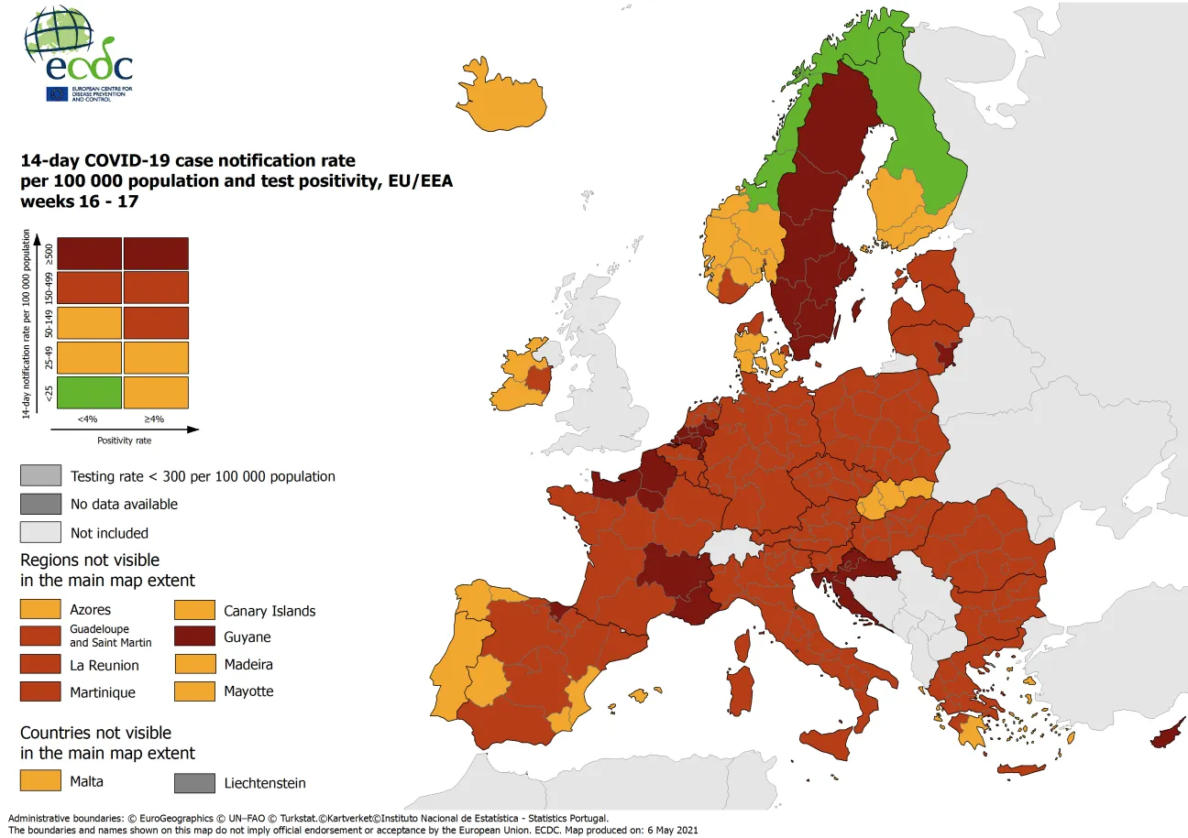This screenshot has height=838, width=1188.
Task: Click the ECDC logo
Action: coord(78,55)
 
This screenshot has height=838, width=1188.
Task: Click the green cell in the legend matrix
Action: coord(89,393)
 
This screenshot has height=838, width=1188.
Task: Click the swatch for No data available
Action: coord(40,504)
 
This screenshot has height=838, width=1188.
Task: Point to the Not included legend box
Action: coord(40,532)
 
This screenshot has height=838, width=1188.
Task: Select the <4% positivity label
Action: coord(88,419)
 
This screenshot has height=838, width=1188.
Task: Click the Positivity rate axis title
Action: coord(125,440)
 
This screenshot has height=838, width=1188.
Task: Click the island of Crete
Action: coord(1020,769)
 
